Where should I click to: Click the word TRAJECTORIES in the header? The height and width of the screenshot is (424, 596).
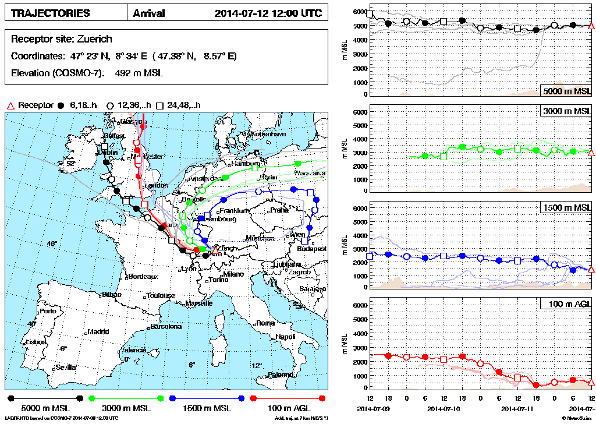[x=51, y=13]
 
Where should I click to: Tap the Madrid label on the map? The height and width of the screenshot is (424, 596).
[x=98, y=331]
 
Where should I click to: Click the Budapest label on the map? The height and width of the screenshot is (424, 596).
[x=310, y=248]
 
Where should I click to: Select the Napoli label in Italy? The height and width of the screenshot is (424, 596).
[x=285, y=337]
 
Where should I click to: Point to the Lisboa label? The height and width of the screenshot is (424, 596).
[x=36, y=341]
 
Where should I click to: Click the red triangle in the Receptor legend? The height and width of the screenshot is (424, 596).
[x=9, y=105]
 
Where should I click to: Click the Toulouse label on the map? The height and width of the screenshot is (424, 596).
[x=161, y=295]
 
